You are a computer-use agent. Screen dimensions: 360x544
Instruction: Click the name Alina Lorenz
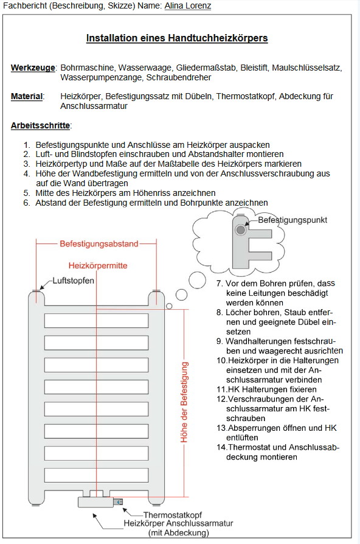(x=188, y=6)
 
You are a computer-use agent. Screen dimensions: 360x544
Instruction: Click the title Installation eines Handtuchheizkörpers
(x=177, y=38)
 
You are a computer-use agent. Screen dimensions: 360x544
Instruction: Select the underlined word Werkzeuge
(x=33, y=68)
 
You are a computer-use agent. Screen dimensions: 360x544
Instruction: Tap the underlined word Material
(x=27, y=97)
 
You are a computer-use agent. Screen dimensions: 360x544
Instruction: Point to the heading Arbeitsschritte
(x=40, y=125)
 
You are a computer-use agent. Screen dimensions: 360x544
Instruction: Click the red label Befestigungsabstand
(x=99, y=244)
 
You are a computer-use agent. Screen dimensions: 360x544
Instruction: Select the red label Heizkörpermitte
(x=98, y=266)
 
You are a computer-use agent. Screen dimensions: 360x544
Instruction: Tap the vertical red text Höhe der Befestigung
(x=184, y=402)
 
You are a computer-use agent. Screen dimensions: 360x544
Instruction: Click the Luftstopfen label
(x=73, y=281)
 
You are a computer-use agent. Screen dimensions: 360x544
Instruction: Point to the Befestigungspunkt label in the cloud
(x=292, y=220)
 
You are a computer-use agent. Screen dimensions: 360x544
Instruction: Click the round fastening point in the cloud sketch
(x=240, y=229)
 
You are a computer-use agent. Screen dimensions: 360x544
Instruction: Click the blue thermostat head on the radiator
(x=119, y=502)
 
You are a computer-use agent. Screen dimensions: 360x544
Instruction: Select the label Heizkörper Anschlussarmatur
(x=178, y=523)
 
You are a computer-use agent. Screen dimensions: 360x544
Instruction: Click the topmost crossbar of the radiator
(x=97, y=321)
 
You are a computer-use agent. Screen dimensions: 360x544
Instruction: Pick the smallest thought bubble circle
(x=169, y=306)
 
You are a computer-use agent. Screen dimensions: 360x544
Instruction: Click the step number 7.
(x=219, y=284)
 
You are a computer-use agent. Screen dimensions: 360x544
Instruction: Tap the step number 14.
(x=221, y=447)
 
